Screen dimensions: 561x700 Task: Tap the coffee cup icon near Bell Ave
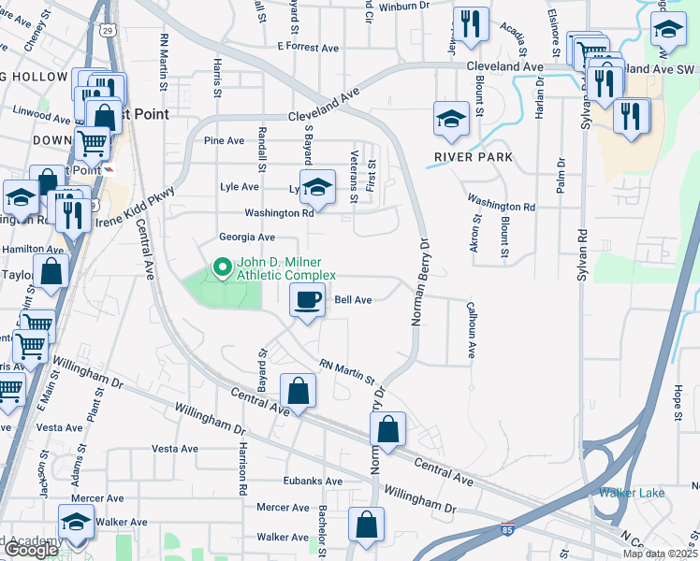(308, 300)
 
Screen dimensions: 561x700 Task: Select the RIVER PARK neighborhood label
(474, 157)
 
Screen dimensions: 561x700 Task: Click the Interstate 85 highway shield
(506, 529)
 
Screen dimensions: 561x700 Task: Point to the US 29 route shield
(109, 31)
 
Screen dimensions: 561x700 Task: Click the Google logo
(30, 550)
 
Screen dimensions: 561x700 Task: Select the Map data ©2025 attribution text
(659, 554)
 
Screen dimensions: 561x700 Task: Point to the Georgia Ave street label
(247, 237)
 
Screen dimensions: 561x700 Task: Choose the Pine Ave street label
(224, 141)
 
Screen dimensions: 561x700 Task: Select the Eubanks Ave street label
(313, 481)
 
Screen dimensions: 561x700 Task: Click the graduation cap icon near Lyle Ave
(317, 185)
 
